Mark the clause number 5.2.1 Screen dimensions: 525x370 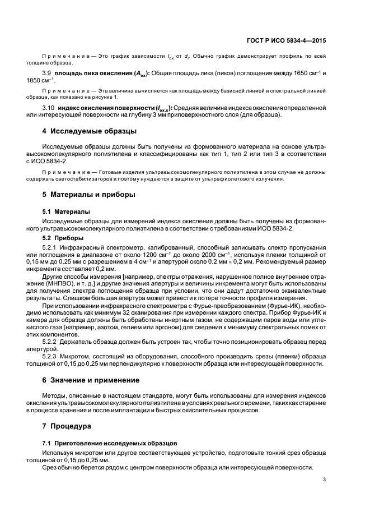tap(51, 247)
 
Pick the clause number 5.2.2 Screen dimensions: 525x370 tap(51, 340)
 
